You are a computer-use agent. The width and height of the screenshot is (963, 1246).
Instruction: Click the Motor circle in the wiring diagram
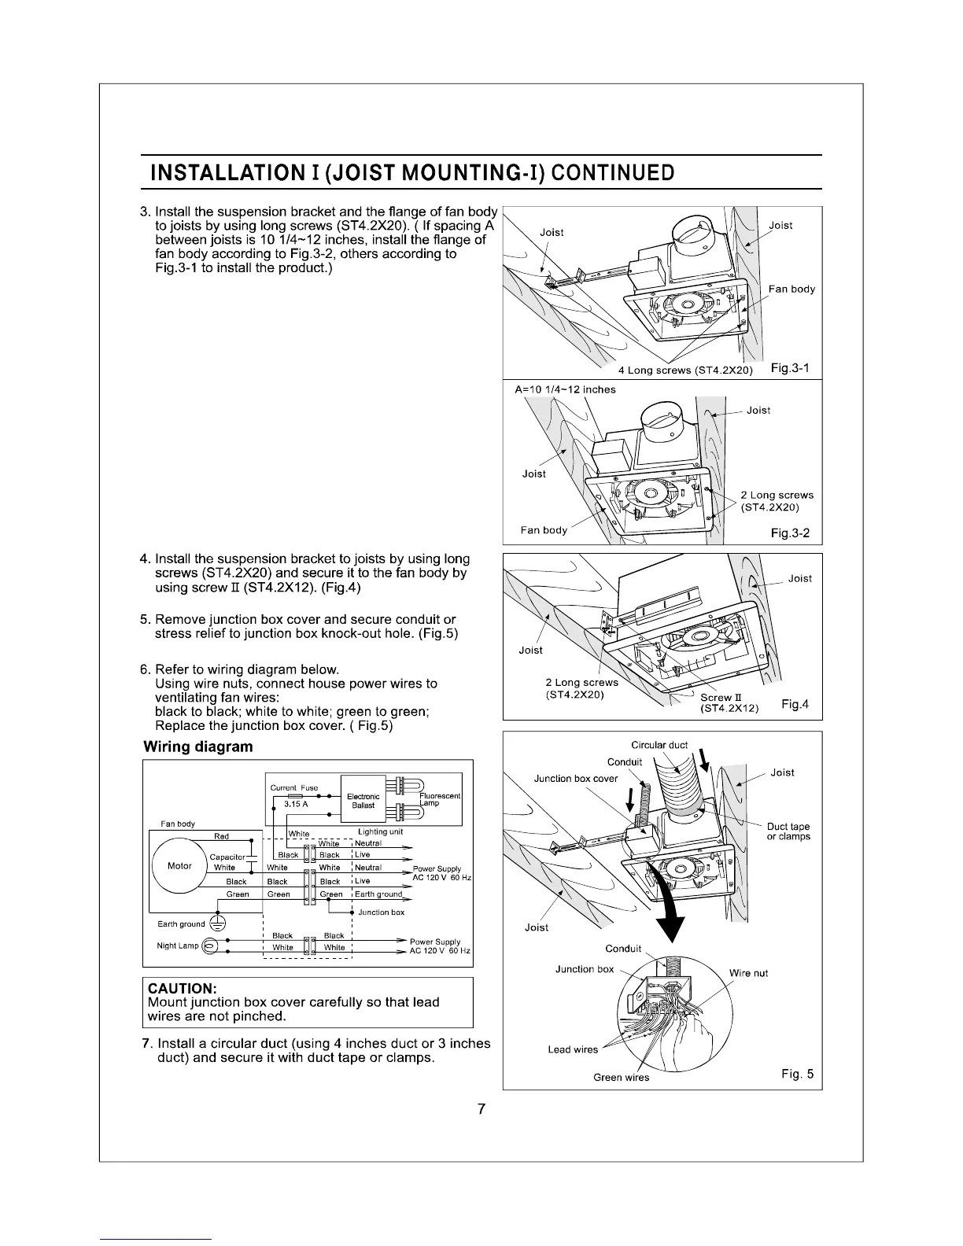[180, 866]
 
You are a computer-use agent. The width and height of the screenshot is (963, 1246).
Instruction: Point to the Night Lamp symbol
[209, 946]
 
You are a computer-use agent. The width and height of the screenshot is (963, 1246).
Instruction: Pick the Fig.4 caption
[795, 703]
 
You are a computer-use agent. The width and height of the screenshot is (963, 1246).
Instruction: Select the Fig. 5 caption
[798, 1075]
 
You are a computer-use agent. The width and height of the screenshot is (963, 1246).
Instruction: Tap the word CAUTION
[182, 988]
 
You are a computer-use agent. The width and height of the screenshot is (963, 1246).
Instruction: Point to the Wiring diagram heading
[198, 746]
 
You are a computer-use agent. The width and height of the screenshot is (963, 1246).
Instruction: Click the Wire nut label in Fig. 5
[748, 973]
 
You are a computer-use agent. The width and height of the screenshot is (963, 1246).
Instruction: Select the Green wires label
[621, 1077]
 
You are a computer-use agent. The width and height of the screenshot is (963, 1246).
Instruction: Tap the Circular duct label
[659, 745]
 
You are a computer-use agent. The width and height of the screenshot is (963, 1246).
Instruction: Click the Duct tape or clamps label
[788, 831]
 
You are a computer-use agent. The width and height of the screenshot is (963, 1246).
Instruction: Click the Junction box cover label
[576, 779]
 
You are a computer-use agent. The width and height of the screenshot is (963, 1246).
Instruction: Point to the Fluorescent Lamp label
[440, 800]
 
